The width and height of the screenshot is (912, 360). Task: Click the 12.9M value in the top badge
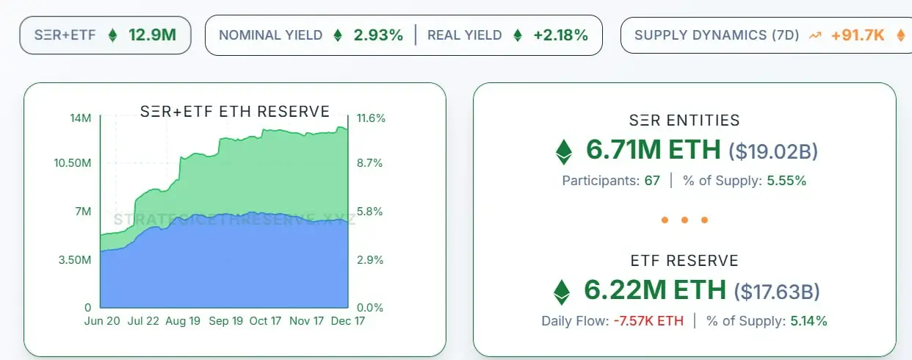(153, 35)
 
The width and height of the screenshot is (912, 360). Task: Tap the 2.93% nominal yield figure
(378, 35)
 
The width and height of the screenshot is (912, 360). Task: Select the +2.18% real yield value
(560, 35)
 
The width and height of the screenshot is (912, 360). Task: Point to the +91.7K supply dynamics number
(858, 35)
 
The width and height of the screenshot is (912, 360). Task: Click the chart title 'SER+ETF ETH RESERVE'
(235, 112)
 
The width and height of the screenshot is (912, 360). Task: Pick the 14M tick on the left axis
(81, 118)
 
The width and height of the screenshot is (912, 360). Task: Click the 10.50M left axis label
(72, 163)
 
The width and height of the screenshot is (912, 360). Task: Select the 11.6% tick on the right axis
(371, 118)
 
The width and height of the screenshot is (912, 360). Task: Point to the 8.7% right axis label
(369, 163)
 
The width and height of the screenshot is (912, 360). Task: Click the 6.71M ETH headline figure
(653, 150)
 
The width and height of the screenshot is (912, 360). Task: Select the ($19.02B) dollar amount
(772, 151)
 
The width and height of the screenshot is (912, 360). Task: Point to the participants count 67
(652, 180)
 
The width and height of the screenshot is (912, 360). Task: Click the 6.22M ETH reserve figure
(654, 289)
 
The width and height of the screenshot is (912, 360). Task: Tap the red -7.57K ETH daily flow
(648, 320)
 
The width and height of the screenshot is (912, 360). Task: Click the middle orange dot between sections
(684, 220)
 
